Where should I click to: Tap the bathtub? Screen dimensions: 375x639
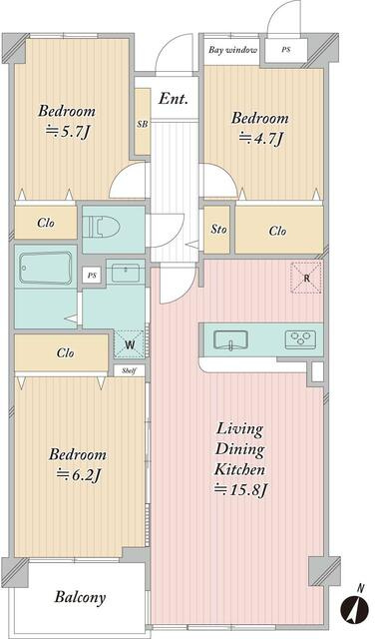[x=47, y=268]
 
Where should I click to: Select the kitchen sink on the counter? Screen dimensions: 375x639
[x=230, y=340]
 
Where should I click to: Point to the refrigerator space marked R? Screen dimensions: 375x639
[x=306, y=279]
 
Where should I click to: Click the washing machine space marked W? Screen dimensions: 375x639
[x=129, y=344]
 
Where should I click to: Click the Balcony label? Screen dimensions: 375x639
[x=80, y=597]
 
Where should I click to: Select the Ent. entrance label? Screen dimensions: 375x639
[x=174, y=98]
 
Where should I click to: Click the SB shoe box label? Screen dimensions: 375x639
[x=142, y=125]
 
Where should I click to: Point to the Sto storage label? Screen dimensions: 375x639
[x=218, y=229]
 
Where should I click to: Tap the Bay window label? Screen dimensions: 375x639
[x=233, y=50]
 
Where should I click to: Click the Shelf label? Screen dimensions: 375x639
[x=128, y=370]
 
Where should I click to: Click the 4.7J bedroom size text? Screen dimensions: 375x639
[x=260, y=139]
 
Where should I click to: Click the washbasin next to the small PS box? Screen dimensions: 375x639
[x=126, y=273]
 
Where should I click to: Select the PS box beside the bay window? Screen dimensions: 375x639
[x=286, y=50]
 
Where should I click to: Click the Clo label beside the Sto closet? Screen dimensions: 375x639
[x=277, y=231]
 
